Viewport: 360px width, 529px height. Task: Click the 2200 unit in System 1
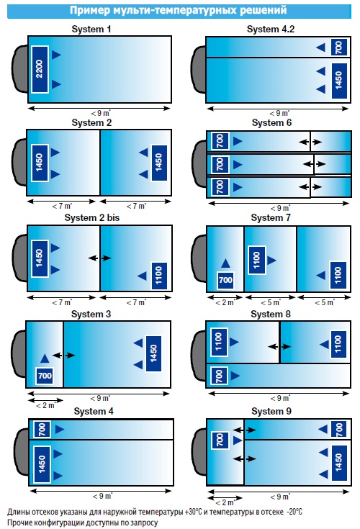[x=40, y=69]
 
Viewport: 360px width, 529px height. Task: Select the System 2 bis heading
[x=91, y=218]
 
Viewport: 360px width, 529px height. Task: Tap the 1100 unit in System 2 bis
[x=159, y=276]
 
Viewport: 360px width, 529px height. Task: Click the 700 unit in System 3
[x=45, y=376]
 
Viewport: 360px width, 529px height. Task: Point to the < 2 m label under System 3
[x=45, y=405]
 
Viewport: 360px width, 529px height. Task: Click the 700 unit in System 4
[x=42, y=430]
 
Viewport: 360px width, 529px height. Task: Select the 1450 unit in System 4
[x=42, y=464]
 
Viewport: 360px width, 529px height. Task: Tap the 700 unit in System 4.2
[x=339, y=48]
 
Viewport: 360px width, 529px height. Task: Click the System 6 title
[x=271, y=123]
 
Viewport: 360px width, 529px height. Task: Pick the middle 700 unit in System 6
[x=220, y=164]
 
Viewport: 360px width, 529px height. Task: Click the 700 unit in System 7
[x=225, y=280]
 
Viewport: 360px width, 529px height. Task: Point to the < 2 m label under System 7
[x=225, y=302]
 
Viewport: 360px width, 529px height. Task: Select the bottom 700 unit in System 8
[x=220, y=376]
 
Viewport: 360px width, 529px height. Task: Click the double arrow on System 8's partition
[x=279, y=346]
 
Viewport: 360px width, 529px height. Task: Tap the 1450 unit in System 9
[x=339, y=463]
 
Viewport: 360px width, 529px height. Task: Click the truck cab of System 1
[x=20, y=69]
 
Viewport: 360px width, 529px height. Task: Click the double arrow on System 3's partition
[x=63, y=356]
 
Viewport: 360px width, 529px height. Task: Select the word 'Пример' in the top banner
[x=90, y=10]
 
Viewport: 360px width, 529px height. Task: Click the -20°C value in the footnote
[x=294, y=512]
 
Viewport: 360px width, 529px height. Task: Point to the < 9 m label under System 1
[x=101, y=114]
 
